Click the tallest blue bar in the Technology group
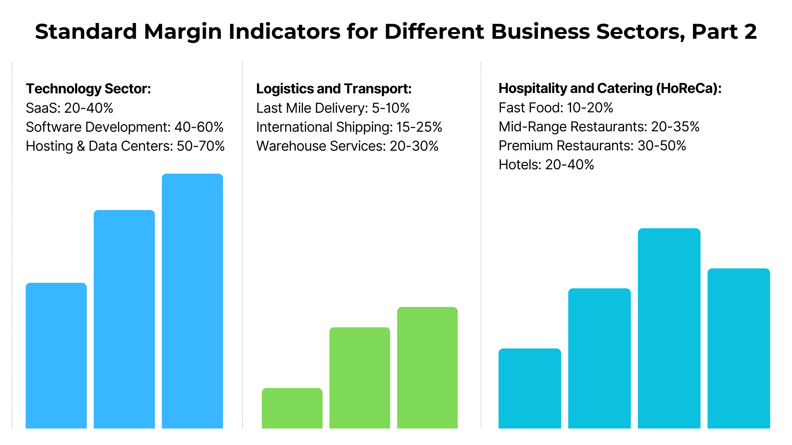pos(192,301)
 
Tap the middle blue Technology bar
pos(124,319)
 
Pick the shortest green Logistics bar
pos(292,408)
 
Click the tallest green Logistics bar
pos(427,367)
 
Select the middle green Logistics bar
pos(360,377)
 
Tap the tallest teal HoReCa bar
pos(669,328)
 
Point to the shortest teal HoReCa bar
pos(530,388)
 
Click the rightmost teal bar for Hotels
pos(739,348)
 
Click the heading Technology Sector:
pos(88,89)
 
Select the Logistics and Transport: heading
pos(334,89)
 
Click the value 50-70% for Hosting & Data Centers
pos(201,146)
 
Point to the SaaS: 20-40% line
pos(70,108)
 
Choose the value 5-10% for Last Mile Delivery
pos(390,108)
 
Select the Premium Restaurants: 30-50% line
pos(592,146)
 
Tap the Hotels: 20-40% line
pos(546,165)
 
